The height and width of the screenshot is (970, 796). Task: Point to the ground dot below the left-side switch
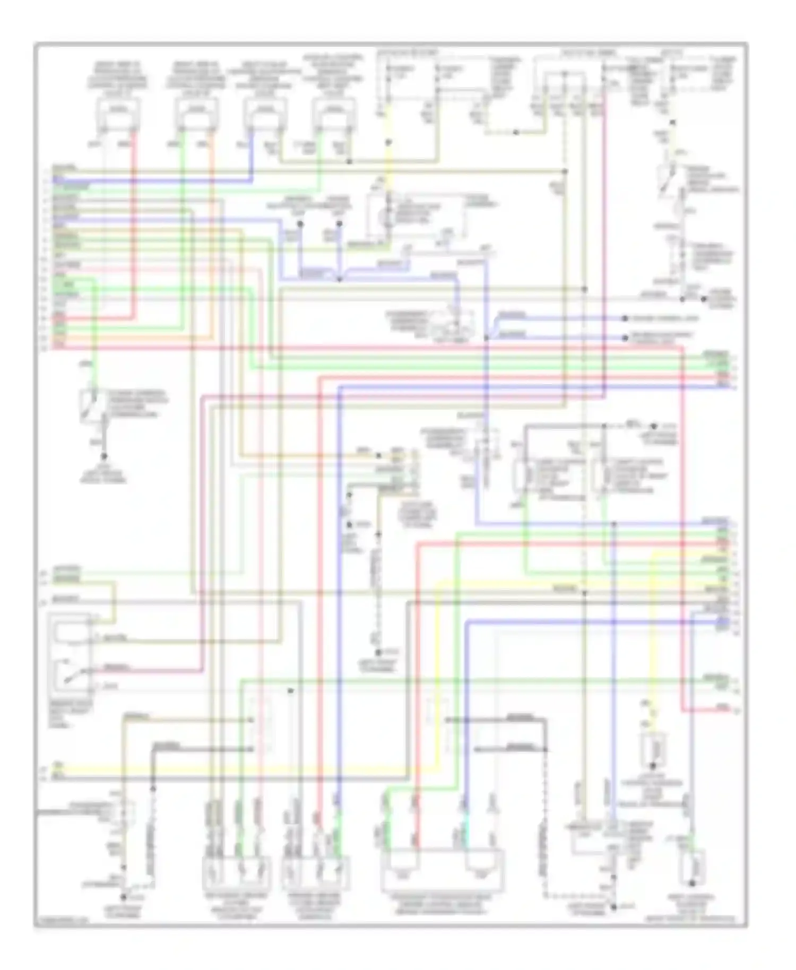point(104,456)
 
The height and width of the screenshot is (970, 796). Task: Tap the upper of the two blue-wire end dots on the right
point(625,319)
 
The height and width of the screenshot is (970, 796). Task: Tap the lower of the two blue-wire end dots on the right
point(625,337)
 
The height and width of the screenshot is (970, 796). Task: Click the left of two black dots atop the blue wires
point(300,224)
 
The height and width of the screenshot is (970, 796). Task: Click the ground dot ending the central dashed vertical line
point(378,652)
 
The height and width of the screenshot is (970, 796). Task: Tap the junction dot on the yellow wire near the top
point(388,142)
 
